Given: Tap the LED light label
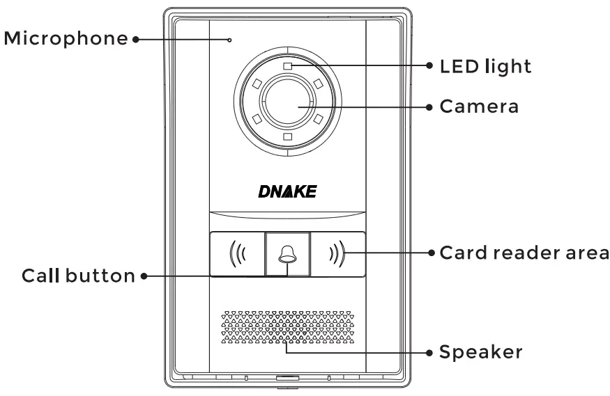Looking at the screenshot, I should tap(485, 66).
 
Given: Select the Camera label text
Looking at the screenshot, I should tap(478, 106).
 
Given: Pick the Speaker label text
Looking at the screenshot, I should tap(480, 352).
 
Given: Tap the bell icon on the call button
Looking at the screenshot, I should tap(287, 253).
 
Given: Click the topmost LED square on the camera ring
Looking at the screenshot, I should tap(287, 66).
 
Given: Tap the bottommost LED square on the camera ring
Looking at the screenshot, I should tap(287, 136).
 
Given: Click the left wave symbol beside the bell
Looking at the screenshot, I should tap(237, 253).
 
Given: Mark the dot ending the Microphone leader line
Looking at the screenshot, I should tap(133, 39).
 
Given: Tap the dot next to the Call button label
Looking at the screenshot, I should tap(143, 276).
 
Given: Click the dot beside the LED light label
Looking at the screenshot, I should tap(429, 66).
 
